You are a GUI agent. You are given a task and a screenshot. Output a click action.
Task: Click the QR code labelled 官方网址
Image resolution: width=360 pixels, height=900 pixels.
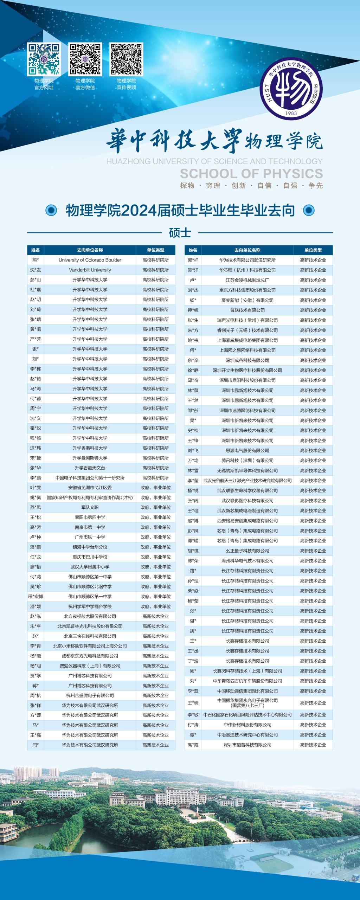[44, 59]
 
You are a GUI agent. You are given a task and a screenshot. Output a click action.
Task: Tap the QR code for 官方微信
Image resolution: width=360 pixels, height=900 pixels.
[85, 59]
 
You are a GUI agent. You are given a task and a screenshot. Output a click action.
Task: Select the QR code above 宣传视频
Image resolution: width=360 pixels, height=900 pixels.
[126, 59]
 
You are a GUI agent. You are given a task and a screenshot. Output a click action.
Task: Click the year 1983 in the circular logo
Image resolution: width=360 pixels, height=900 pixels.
[291, 113]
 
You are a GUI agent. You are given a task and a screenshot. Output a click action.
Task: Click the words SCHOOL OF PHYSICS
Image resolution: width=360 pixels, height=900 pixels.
[251, 173]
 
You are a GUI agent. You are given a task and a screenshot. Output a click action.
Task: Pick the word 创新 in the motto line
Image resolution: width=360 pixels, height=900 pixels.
[238, 186]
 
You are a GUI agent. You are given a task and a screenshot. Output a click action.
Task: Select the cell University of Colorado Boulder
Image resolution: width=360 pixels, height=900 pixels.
[90, 260]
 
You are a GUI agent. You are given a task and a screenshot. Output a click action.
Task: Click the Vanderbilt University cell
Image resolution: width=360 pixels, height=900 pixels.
[90, 270]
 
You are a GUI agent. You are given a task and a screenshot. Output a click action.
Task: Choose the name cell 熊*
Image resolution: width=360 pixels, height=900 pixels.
[36, 260]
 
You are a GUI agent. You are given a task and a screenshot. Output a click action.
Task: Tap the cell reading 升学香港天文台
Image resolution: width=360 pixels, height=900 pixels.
[90, 468]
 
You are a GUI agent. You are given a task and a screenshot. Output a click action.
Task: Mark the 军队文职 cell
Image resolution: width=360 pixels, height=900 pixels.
[90, 507]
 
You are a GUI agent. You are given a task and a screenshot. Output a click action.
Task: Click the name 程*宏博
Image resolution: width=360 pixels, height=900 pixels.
[36, 597]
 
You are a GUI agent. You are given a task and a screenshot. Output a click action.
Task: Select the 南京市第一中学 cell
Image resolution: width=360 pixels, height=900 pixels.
[90, 527]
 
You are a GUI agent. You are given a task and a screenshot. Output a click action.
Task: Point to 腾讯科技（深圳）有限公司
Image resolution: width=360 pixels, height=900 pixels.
[247, 461]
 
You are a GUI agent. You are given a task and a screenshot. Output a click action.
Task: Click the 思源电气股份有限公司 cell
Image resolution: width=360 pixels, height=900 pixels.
[247, 450]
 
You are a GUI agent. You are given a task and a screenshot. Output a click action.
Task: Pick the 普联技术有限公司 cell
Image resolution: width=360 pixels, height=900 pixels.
[247, 310]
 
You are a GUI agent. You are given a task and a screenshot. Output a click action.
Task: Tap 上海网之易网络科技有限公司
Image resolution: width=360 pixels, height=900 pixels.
[247, 350]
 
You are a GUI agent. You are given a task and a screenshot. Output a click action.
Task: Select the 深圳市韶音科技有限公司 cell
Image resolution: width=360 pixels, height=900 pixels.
[247, 745]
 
